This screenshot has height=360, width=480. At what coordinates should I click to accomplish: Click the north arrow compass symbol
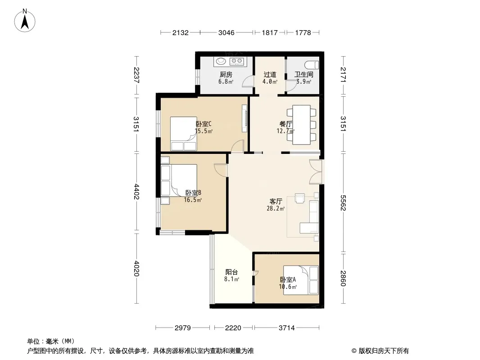pos(25,21)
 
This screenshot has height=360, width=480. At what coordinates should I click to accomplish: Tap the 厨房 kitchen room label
pos(226,74)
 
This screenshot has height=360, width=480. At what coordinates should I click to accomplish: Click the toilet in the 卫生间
pos(312,65)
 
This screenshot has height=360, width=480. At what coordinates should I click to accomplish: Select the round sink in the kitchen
pos(221,61)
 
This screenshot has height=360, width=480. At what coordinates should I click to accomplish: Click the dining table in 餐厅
pos(302,125)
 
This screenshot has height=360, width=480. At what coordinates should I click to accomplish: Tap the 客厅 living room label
pos(276,201)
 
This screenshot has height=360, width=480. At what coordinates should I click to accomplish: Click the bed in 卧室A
pos(301,280)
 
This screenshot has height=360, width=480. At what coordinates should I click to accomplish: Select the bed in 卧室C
pos(183,134)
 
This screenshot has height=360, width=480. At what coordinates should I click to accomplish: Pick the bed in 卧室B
pos(179,180)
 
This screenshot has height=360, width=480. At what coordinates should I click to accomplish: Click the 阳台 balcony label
pos(231,272)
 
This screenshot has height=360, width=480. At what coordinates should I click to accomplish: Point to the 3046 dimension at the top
pos(226,32)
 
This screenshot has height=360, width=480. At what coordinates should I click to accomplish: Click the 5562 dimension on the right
pos(343,203)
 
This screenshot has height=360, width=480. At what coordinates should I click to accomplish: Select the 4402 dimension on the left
pos(136,191)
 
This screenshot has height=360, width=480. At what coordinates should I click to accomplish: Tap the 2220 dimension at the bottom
pos(233,328)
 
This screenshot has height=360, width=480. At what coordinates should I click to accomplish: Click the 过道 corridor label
pos(270,74)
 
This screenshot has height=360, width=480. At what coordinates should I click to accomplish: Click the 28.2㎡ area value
pos(276,209)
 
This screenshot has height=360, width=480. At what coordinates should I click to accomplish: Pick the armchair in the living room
pos(300,198)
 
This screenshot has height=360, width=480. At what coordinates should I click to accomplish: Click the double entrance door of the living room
pos(316,172)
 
